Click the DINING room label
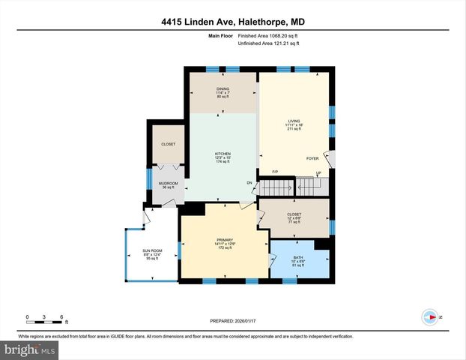[223, 89]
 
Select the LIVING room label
[294, 121]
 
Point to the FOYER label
[312, 158]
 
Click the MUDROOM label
[168, 183]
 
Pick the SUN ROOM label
[153, 250]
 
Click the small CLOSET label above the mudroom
[168, 143]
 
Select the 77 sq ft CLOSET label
[294, 214]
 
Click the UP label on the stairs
[318, 173]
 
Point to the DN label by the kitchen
[249, 183]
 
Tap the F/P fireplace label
[275, 173]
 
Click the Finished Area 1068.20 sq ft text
[267, 35]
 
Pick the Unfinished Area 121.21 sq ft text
[267, 43]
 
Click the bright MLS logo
[29, 349]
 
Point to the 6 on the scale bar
[61, 316]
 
